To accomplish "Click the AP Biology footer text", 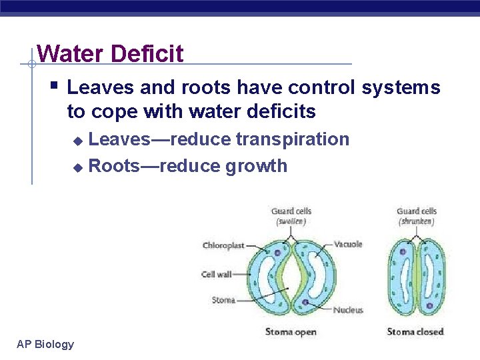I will click(45, 344).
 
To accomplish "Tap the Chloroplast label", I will click(223, 246).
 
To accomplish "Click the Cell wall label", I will click(216, 274).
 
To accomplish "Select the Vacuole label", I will click(348, 245).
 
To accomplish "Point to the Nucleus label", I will click(348, 310).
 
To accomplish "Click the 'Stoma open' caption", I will click(291, 332).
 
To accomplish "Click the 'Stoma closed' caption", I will click(415, 332).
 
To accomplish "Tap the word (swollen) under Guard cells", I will click(291, 221).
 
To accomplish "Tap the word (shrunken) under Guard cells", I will click(417, 221).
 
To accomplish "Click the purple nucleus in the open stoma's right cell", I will click(305, 302).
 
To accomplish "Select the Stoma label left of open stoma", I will click(223, 300).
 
